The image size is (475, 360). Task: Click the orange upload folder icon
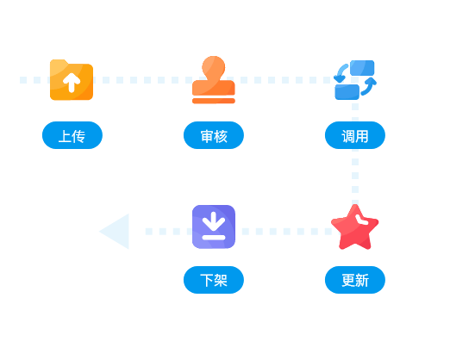(72, 80)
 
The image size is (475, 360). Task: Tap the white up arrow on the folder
(72, 82)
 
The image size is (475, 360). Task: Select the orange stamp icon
(214, 80)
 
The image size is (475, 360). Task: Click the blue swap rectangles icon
(354, 80)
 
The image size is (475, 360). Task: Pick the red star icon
(354, 227)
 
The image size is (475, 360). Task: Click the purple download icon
(214, 227)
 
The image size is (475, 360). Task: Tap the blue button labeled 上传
(72, 135)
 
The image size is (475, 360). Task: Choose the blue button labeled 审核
(214, 135)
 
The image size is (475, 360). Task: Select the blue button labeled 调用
(355, 135)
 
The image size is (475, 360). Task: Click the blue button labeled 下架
(214, 280)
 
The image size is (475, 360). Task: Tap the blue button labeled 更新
(355, 280)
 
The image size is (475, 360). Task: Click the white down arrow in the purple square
(214, 221)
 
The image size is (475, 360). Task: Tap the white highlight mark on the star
(361, 220)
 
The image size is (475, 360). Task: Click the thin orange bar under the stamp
(214, 101)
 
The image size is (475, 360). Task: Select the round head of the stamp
(214, 66)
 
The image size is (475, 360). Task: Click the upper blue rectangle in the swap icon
(362, 68)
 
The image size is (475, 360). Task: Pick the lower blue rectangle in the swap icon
(347, 92)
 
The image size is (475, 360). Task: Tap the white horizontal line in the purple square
(214, 238)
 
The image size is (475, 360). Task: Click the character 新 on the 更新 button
(362, 280)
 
